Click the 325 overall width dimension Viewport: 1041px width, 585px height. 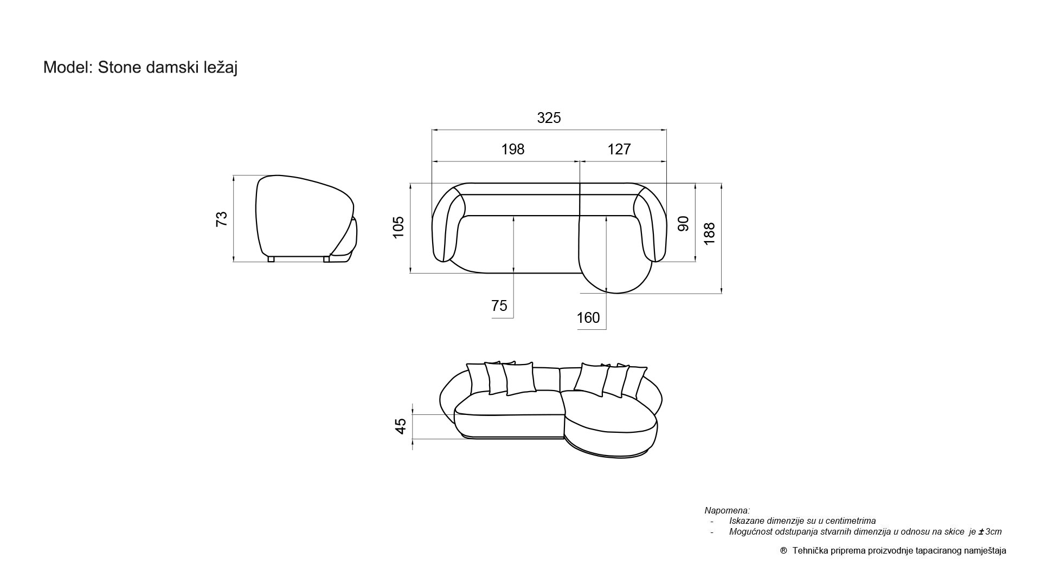point(549,118)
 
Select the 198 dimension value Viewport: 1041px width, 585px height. point(513,149)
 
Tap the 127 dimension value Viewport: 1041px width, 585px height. point(619,149)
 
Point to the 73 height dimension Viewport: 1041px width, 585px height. point(222,219)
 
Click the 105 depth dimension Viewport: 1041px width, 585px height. point(399,227)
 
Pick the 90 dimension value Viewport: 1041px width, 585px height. point(683,224)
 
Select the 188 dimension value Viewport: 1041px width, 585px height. point(709,233)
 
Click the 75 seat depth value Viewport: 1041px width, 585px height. point(499,306)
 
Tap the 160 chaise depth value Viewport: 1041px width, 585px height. point(588,317)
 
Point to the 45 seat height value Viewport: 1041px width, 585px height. point(401,426)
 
